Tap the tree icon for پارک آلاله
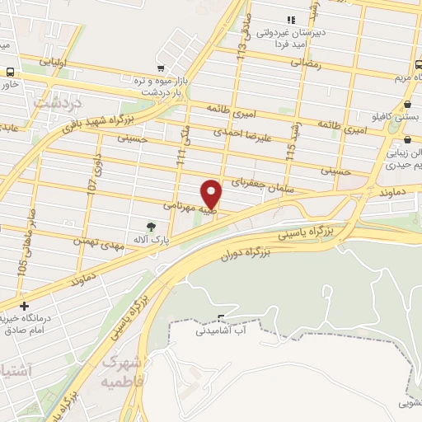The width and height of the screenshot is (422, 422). coord(150,225)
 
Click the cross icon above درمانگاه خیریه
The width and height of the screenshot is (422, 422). coord(24,307)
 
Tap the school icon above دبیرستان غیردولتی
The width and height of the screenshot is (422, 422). coord(288,20)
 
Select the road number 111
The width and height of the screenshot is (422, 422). coord(180,150)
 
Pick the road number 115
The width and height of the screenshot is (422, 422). coord(290,151)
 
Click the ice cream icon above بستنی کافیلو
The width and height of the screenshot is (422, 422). coord(410,104)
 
